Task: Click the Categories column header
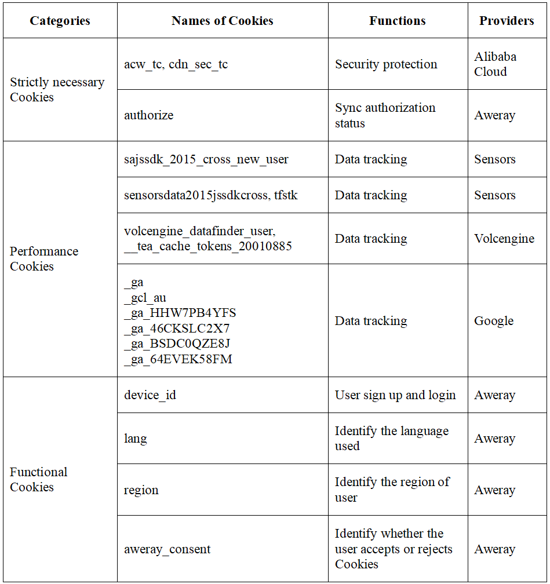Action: (x=60, y=21)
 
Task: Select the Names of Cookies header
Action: (x=222, y=21)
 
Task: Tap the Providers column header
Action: (x=507, y=21)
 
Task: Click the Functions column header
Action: (x=397, y=21)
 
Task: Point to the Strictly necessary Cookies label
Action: (x=57, y=90)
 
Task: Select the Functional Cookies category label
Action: (x=39, y=480)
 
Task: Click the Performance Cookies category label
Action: (x=44, y=259)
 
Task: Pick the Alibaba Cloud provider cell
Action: (x=495, y=64)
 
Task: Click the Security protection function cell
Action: (x=386, y=64)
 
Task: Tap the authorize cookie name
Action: (x=148, y=115)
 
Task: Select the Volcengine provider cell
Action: (x=504, y=239)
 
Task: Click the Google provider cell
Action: (x=494, y=321)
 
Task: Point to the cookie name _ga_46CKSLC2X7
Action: (x=177, y=329)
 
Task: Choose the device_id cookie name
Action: (x=150, y=395)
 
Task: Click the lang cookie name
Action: (x=135, y=439)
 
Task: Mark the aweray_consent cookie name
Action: (x=167, y=549)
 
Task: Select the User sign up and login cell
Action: (x=395, y=395)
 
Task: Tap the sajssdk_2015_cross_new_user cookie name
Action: (x=206, y=159)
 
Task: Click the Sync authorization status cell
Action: (x=385, y=115)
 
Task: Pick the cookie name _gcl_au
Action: (x=145, y=298)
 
